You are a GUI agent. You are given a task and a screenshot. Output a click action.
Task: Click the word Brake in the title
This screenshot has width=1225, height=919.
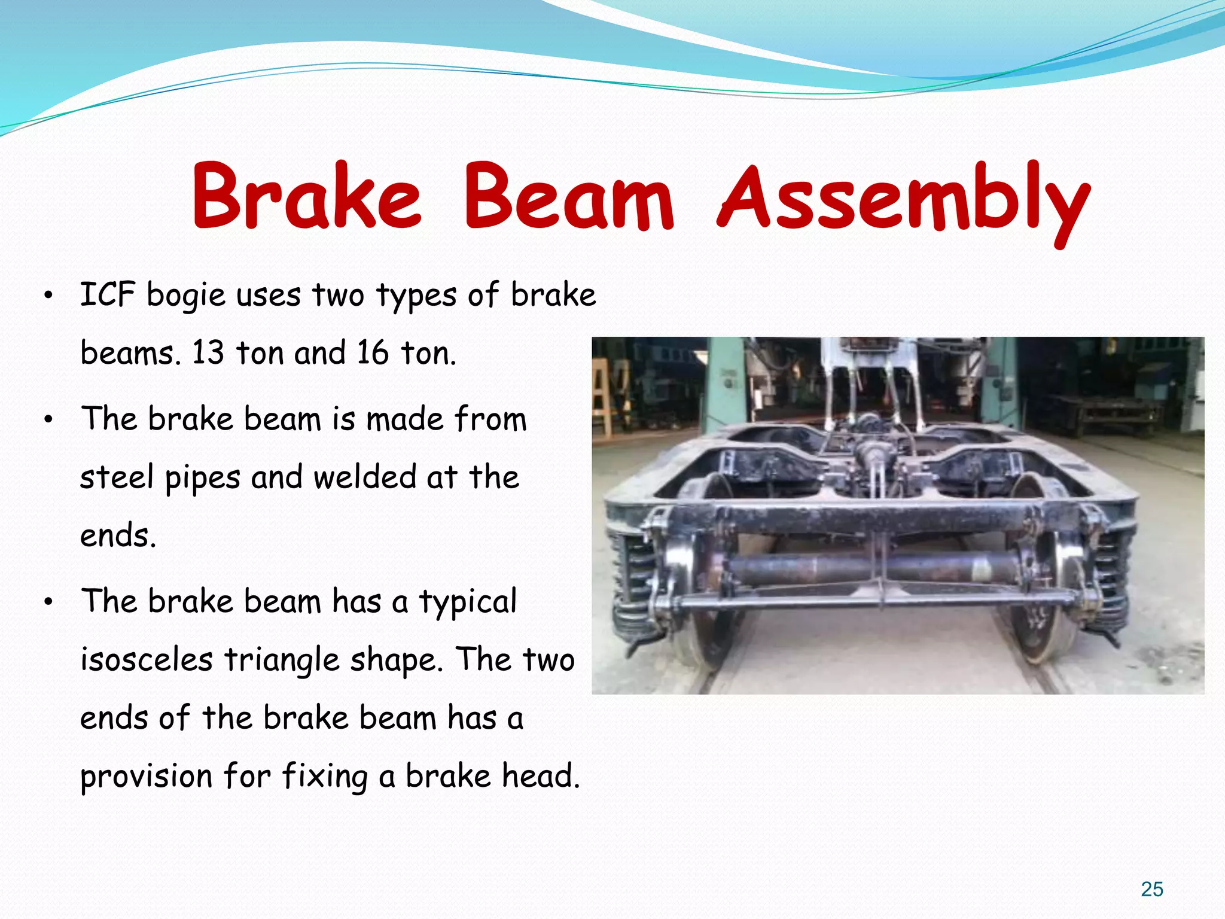click(306, 197)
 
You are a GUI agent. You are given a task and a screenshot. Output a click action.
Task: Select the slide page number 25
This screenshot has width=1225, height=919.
click(1151, 889)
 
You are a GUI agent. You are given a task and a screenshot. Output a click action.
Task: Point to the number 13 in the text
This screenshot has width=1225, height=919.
click(208, 353)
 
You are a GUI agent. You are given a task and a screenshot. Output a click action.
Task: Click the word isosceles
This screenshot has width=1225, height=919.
click(147, 660)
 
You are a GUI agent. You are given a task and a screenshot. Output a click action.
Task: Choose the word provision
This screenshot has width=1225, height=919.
click(147, 777)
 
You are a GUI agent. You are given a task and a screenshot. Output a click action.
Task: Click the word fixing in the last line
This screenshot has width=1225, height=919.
click(325, 777)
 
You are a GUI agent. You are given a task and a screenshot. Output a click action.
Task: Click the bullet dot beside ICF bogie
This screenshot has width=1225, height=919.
click(49, 296)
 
